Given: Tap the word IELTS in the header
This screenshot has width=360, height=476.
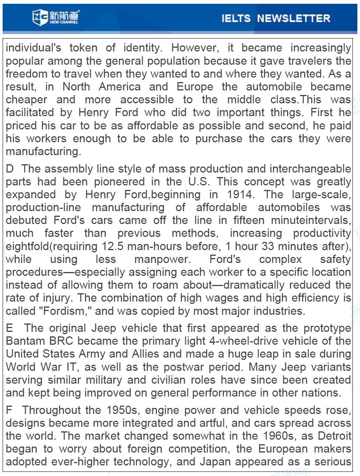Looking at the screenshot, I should (x=236, y=18).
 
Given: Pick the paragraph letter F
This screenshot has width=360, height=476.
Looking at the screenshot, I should (x=9, y=410).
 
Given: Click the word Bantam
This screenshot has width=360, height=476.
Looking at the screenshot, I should (x=26, y=341).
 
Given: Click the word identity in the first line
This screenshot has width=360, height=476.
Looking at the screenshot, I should (x=142, y=48).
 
